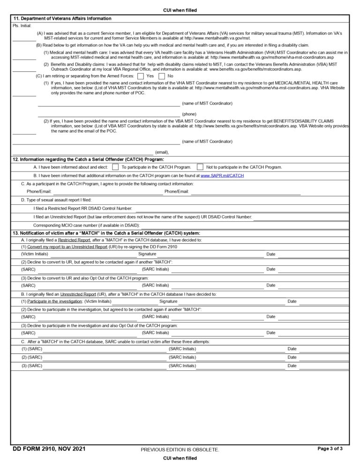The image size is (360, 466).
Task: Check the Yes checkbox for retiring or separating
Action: tap(141, 76)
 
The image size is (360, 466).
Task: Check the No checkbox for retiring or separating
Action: tap(162, 76)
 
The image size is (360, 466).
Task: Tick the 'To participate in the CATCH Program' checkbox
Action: tap(115, 167)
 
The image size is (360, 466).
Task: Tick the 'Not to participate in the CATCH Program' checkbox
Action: tap(200, 167)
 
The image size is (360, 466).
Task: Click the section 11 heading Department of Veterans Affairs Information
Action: tap(62, 19)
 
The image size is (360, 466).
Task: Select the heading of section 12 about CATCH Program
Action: tap(88, 159)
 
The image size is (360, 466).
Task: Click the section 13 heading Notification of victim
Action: tap(106, 233)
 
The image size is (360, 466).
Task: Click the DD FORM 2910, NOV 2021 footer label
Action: tap(49, 449)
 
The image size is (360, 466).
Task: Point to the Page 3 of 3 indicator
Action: tap(330, 449)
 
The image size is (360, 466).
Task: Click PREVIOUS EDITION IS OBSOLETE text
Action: tap(180, 450)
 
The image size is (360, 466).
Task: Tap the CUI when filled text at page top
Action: tap(180, 10)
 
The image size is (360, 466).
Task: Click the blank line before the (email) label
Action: tap(82, 151)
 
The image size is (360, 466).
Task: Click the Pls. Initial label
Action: tap(22, 25)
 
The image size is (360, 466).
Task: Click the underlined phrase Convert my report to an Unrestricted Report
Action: tap(67, 247)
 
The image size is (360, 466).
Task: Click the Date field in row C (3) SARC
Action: tap(323, 366)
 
